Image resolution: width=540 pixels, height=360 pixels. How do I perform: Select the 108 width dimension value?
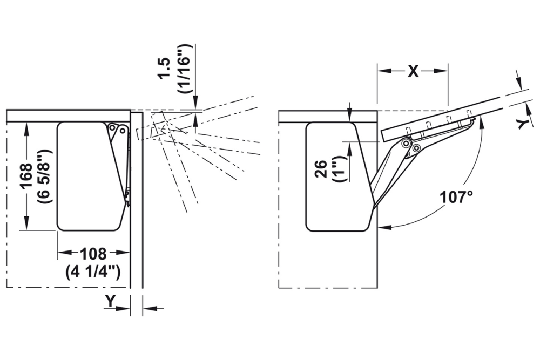point(93,254)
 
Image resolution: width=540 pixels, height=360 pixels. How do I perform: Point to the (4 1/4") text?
point(93,271)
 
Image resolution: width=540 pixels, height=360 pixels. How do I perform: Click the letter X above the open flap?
point(413,71)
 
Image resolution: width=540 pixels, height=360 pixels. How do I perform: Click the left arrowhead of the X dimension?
point(381,71)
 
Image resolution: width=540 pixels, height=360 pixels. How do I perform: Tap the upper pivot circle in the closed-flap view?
point(113,128)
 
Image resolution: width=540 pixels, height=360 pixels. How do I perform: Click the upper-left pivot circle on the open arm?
point(405,143)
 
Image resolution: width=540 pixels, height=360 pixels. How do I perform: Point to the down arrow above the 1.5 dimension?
point(195,105)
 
